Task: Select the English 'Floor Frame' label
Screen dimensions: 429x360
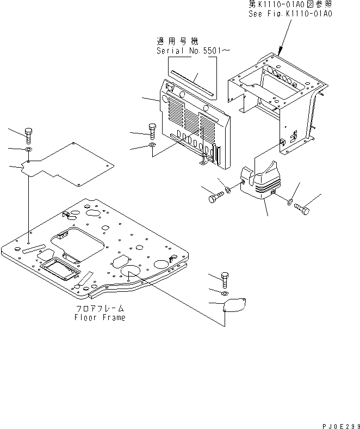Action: tap(100, 317)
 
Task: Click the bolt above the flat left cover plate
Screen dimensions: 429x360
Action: tap(29, 134)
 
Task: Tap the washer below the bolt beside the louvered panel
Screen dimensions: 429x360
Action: tap(152, 146)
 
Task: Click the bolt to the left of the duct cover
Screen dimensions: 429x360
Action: tap(215, 197)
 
